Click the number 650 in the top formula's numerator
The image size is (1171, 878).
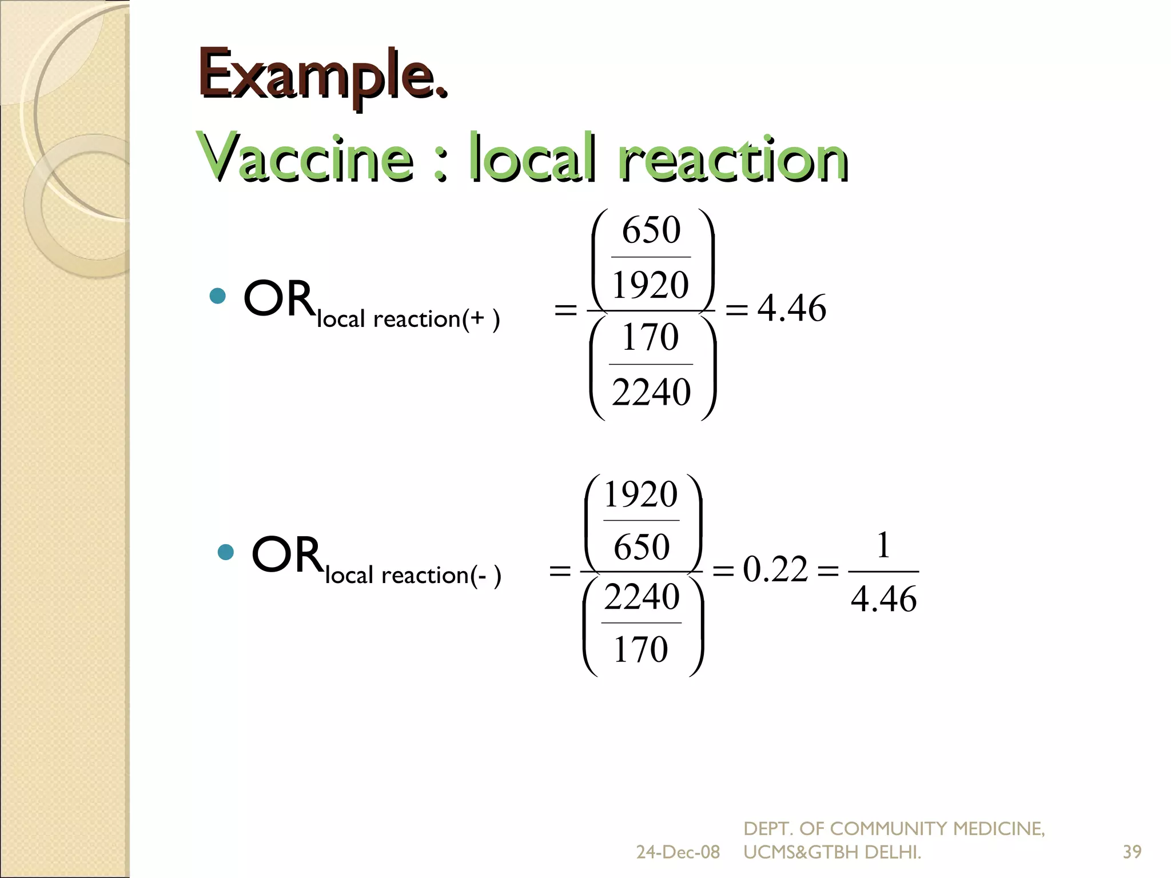click(x=651, y=230)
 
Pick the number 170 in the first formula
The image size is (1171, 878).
click(x=650, y=337)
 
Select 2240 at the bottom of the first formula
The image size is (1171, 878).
click(x=651, y=392)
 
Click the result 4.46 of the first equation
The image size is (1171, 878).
click(x=792, y=308)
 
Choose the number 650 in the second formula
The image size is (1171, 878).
click(x=642, y=546)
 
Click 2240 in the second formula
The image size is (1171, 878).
click(x=642, y=597)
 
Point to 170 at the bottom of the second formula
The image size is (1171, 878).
click(x=640, y=649)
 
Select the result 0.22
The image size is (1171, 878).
click(x=775, y=569)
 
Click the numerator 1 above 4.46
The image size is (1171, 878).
click(x=883, y=545)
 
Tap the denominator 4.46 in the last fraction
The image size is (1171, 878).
click(x=883, y=599)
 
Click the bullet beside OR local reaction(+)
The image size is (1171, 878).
click(x=218, y=296)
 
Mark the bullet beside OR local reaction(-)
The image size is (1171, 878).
click(x=226, y=552)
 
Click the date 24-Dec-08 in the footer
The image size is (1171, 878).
click(x=678, y=852)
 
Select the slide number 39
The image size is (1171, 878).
click(x=1132, y=852)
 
